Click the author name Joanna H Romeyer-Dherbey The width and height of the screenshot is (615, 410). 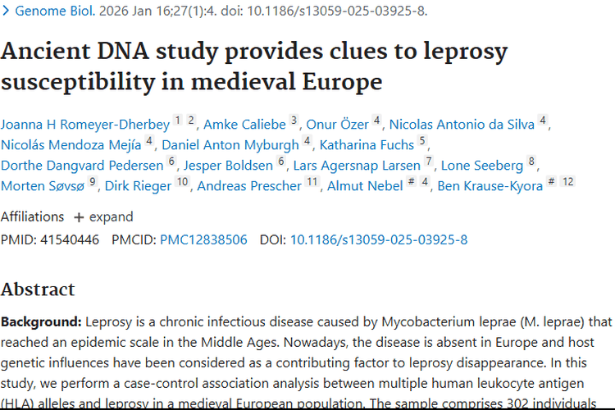pyautogui.click(x=85, y=125)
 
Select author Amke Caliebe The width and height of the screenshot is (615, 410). pyautogui.click(x=244, y=125)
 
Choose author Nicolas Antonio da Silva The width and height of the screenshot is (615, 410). pyautogui.click(x=462, y=125)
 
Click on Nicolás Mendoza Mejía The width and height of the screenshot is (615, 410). pyautogui.click(x=72, y=145)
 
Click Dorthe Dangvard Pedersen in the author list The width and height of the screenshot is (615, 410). pyautogui.click(x=82, y=166)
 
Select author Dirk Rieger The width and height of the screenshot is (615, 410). pyautogui.click(x=138, y=186)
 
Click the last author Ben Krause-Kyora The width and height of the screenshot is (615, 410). pyautogui.click(x=490, y=186)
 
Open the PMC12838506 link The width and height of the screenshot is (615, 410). pyautogui.click(x=203, y=240)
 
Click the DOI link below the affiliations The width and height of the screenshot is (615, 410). pyautogui.click(x=378, y=240)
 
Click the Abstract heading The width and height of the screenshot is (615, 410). pyautogui.click(x=38, y=289)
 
